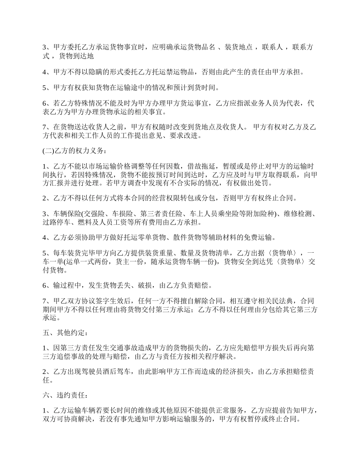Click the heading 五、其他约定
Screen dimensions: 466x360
coord(65,333)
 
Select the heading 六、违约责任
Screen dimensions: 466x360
coord(65,396)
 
